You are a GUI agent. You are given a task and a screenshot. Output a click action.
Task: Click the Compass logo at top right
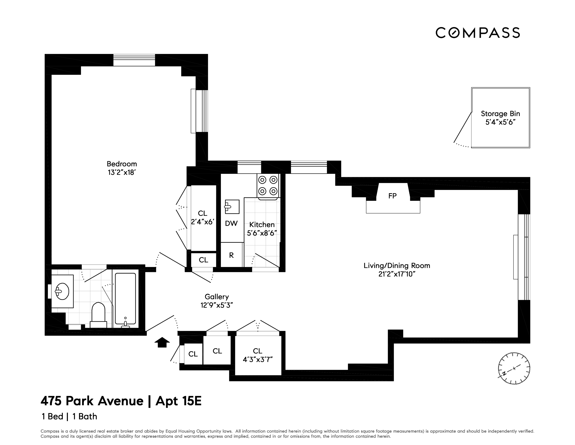tap(477, 33)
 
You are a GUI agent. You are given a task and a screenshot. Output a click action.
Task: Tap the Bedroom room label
tap(122, 164)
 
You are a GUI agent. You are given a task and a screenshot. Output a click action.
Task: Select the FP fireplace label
tap(392, 196)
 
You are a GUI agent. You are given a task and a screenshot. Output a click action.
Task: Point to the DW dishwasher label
tap(231, 224)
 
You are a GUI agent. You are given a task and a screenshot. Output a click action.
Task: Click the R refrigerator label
tap(231, 255)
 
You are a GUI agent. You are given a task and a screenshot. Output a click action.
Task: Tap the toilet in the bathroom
tap(98, 315)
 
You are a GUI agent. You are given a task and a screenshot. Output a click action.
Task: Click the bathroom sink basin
tap(62, 291)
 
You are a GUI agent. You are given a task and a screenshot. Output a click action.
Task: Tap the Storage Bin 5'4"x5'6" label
tap(500, 118)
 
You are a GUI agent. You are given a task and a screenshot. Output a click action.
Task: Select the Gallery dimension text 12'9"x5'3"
tap(216, 305)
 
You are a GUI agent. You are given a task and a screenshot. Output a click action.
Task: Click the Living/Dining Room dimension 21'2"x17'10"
tap(397, 274)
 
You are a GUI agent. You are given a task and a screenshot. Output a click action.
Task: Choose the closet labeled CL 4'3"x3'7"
tap(258, 355)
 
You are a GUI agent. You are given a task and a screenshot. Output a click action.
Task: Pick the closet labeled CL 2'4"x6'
tap(202, 218)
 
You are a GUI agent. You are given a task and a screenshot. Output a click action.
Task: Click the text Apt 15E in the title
tap(179, 401)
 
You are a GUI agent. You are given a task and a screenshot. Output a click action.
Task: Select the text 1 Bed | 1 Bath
tap(69, 417)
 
